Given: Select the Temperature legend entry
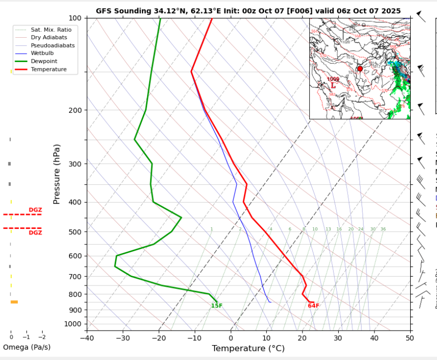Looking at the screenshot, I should (x=49, y=70).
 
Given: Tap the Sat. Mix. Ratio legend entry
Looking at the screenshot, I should (x=51, y=30).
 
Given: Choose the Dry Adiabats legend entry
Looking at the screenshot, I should (x=49, y=38).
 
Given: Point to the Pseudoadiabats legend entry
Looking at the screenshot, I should (x=53, y=46).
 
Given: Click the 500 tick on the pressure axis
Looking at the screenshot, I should (x=74, y=232).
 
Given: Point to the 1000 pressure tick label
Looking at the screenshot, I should (x=73, y=324).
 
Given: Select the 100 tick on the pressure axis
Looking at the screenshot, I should (x=74, y=18).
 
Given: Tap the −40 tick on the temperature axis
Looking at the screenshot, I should (x=86, y=338).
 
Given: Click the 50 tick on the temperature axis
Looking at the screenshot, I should (x=409, y=338).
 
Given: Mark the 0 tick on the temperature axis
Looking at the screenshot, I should (x=231, y=338).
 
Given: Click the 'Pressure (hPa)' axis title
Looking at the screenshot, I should (x=57, y=174).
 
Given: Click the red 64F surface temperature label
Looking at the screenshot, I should (x=313, y=305).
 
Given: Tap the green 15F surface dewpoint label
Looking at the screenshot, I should (x=217, y=305).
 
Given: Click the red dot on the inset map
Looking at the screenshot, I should (x=360, y=69).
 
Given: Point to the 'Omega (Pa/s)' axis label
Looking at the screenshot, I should (x=27, y=347).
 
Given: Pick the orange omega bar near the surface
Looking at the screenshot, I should (x=14, y=302).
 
